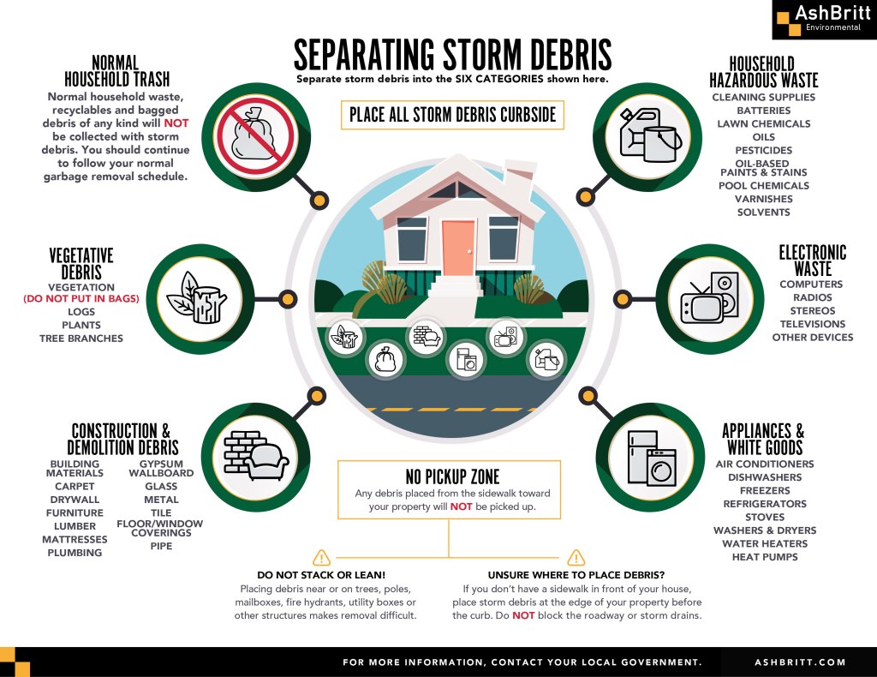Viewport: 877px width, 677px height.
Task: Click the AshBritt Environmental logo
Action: [824, 20]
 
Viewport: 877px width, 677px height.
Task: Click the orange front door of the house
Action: [459, 248]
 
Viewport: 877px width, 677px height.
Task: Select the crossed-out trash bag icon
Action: [255, 137]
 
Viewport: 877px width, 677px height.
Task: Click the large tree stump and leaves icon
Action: [200, 298]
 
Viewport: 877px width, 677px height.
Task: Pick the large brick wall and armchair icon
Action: [256, 456]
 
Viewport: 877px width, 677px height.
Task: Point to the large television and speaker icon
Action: [710, 297]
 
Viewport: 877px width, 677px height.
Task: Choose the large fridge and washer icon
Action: [652, 458]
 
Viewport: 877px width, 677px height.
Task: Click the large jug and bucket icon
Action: [651, 136]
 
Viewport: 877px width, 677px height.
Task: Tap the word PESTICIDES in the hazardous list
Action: [763, 150]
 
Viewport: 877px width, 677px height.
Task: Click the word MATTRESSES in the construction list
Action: [75, 539]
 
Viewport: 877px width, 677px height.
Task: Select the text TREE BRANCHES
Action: [81, 338]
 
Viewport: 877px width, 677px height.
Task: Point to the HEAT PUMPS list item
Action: [765, 557]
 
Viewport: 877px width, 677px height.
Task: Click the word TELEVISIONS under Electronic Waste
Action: [813, 324]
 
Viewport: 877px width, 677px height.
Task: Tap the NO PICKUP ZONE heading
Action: [452, 476]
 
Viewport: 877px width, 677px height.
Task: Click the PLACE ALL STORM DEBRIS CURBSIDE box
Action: [452, 115]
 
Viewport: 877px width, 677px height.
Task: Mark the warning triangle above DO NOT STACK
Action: [322, 557]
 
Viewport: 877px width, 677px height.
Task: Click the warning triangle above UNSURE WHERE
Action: [576, 557]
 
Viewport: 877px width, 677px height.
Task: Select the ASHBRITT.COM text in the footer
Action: [800, 662]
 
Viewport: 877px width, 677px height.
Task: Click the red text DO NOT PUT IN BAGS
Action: [81, 298]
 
